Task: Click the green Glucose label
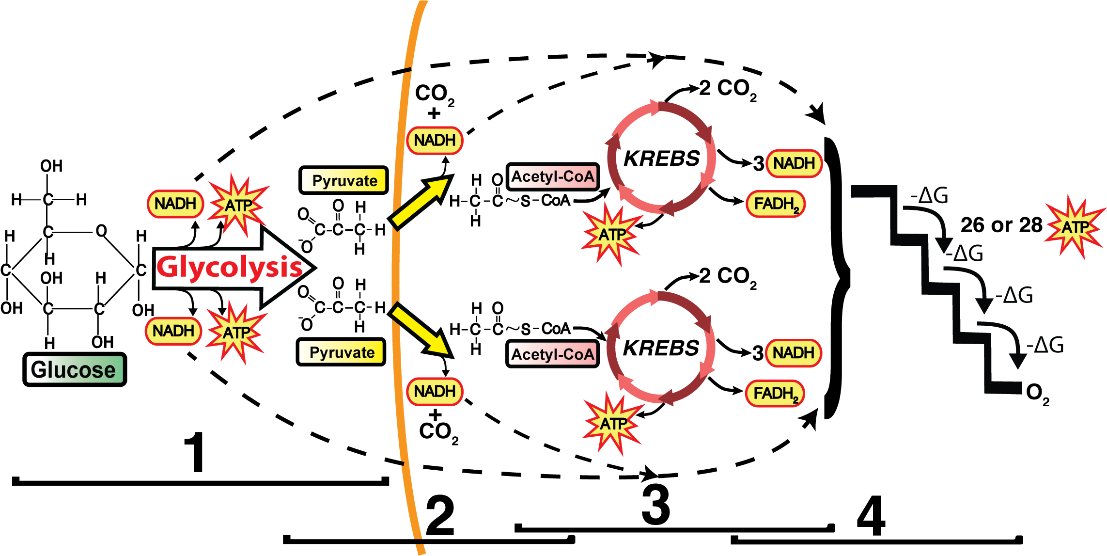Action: point(75,369)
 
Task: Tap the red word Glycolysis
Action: point(229,267)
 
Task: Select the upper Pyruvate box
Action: point(343,180)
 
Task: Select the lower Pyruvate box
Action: point(341,352)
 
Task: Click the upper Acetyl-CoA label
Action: point(552,176)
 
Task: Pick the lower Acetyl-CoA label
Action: point(552,354)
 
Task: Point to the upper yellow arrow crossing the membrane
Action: point(421,202)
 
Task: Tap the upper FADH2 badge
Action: point(776,204)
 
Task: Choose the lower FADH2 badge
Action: point(775,394)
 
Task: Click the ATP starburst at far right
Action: point(1075,227)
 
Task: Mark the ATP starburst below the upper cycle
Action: point(611,235)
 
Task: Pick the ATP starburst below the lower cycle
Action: point(613,424)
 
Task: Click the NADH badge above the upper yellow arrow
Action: point(435,141)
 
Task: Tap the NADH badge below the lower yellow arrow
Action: point(435,391)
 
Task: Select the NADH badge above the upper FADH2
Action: point(794,163)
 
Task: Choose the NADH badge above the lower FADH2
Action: point(794,353)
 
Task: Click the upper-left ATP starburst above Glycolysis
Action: point(238,206)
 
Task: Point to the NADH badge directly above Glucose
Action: point(173,331)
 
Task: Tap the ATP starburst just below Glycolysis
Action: point(236,333)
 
